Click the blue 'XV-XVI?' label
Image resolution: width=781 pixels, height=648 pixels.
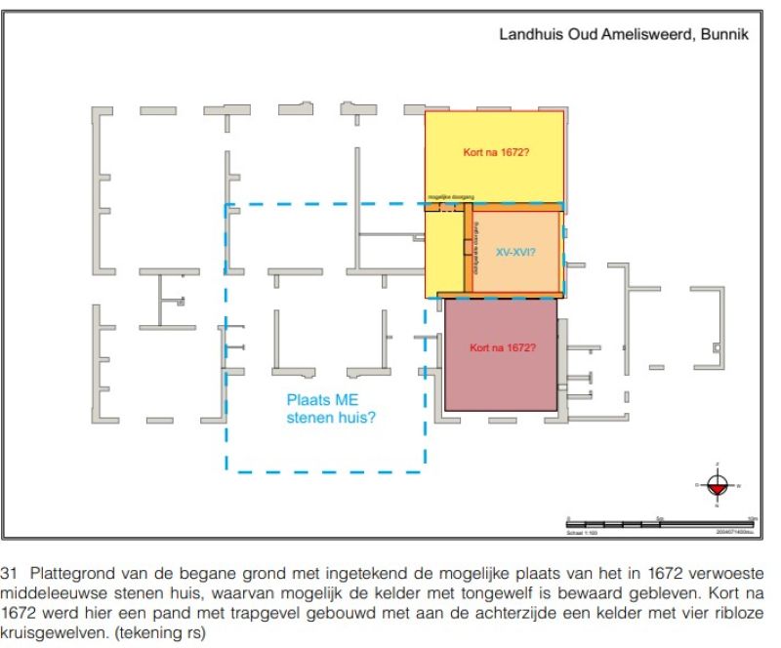pyautogui.click(x=515, y=251)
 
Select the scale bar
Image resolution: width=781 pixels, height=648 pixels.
pyautogui.click(x=659, y=524)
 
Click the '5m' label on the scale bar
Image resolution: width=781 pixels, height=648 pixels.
pyautogui.click(x=660, y=517)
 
